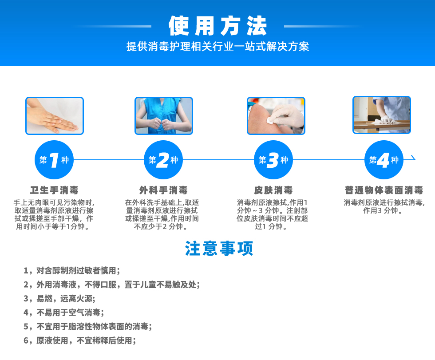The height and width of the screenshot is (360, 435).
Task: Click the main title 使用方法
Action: point(218,26)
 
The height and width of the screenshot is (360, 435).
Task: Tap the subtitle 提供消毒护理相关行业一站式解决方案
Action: point(218,46)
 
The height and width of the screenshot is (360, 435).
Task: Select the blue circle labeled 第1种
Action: point(54,160)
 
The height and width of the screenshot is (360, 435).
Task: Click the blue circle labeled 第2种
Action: point(163,160)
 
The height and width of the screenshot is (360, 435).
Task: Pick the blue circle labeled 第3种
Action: point(273,160)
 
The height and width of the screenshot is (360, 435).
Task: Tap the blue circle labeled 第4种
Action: point(384,160)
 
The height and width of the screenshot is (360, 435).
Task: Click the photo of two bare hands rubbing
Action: point(55,116)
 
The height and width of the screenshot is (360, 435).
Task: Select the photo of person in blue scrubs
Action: point(164,116)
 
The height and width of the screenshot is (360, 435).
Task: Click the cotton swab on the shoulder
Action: point(270,120)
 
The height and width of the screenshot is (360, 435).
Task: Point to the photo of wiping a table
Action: point(382,115)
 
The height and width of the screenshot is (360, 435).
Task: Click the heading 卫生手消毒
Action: point(54,190)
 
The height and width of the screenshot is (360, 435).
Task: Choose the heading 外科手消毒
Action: point(163,190)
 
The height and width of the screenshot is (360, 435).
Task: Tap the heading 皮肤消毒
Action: point(273,190)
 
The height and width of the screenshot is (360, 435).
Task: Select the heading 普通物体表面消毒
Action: point(384,190)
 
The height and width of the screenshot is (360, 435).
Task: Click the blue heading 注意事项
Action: point(219,249)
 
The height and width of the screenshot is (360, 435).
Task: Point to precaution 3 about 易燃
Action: point(59,298)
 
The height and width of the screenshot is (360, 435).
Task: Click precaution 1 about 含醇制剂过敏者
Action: point(72,270)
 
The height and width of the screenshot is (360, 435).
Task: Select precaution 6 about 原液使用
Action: point(80,340)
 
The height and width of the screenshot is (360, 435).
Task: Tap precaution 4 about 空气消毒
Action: point(64,313)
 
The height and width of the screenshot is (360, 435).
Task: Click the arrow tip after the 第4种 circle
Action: point(415,159)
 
